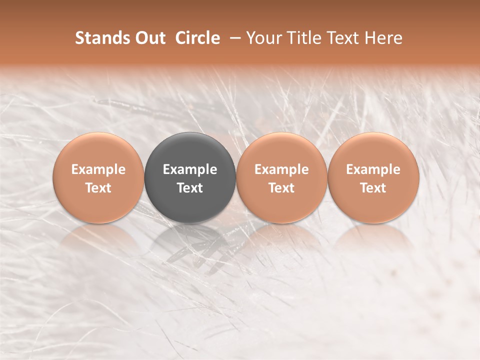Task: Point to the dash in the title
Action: [x=233, y=38]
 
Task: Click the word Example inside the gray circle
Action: [x=190, y=169]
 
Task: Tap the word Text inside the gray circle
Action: [x=190, y=188]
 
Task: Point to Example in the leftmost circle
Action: [x=98, y=169]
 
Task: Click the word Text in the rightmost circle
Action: [x=373, y=188]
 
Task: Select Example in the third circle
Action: [x=281, y=169]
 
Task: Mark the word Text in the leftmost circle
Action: [x=98, y=188]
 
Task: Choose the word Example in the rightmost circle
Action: [x=373, y=169]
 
